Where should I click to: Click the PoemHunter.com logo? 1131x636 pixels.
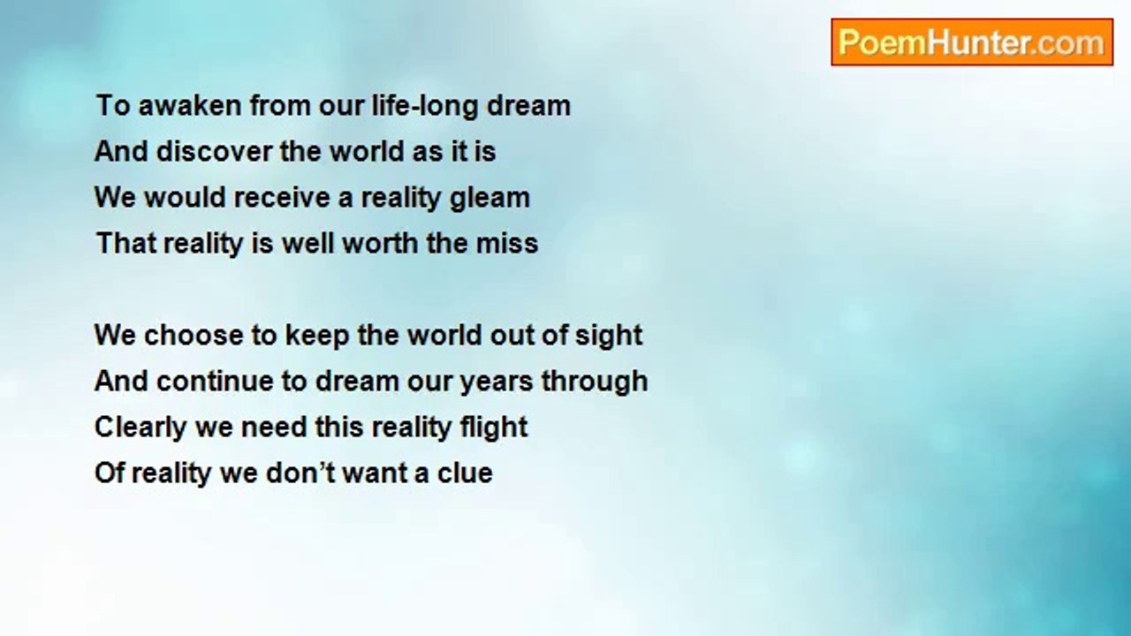point(972,42)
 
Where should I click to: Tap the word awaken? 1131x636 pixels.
point(190,105)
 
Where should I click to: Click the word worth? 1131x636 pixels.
point(380,243)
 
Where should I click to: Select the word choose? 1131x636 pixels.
point(194,335)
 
